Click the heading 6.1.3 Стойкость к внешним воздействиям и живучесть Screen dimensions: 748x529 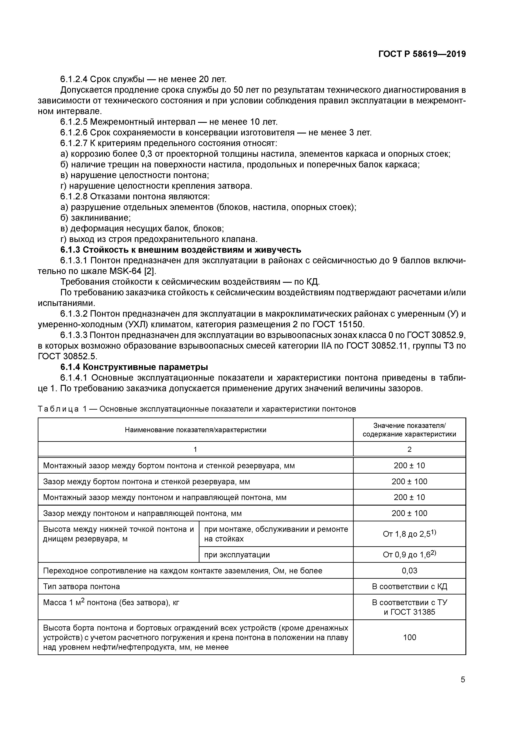(181, 250)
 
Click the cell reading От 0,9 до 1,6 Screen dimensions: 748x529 (409, 555)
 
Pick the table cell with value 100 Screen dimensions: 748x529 (409, 637)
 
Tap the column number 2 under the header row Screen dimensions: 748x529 (409, 449)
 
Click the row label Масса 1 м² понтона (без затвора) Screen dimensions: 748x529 (111, 603)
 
